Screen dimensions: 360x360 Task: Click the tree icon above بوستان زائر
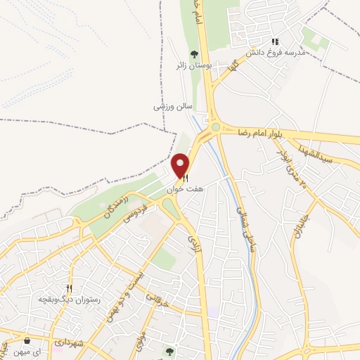point(194,53)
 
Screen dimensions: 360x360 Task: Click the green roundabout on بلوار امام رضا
point(216,127)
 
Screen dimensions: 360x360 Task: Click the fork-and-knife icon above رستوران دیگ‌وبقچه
point(69,288)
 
